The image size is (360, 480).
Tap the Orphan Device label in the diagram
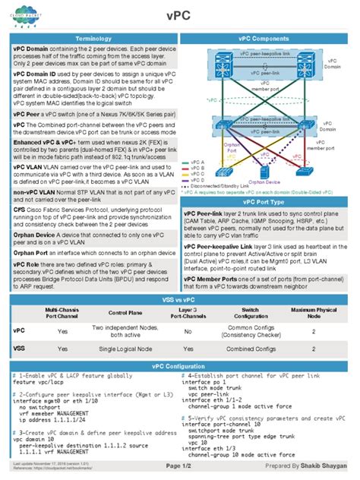point(264,182)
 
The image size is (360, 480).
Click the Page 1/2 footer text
point(179,466)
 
